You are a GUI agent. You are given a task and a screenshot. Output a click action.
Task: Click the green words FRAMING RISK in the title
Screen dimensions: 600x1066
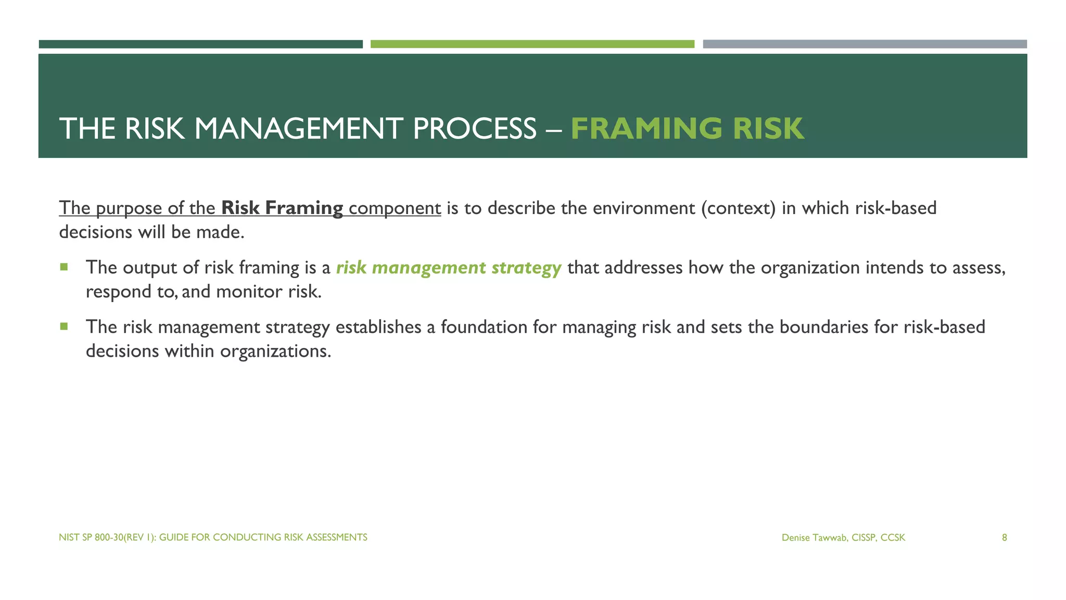687,129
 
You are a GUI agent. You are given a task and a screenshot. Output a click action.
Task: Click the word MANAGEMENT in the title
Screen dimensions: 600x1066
299,129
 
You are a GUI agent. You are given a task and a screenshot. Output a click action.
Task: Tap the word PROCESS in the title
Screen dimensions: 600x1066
474,129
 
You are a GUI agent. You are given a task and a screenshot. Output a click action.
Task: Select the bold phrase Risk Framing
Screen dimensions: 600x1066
282,208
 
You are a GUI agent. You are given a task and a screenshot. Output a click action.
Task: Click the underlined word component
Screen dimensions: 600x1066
395,208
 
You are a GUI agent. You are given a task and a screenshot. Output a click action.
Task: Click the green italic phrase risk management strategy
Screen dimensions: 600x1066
448,268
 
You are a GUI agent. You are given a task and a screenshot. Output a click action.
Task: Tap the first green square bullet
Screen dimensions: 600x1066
64,267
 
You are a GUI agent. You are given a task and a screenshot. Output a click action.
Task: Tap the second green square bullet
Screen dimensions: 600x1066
64,327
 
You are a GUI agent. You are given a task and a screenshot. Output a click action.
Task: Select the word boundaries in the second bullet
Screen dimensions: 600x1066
823,327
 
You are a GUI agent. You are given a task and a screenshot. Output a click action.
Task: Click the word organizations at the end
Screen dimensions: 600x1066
275,351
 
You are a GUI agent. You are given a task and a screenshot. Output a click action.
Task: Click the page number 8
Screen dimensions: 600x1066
1004,537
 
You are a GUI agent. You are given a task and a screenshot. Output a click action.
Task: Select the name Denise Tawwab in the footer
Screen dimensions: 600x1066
816,537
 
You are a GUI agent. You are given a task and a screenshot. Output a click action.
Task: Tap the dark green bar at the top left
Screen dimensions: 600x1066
200,44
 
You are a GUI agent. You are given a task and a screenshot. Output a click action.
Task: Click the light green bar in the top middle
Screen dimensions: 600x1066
532,44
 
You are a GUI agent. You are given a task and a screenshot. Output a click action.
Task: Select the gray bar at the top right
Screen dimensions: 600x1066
865,44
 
